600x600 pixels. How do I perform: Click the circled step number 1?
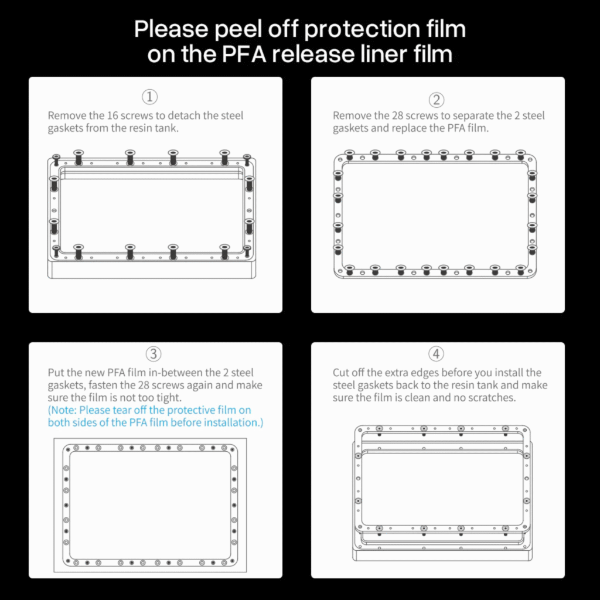tap(149, 97)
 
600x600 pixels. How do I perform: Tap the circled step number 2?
tap(436, 100)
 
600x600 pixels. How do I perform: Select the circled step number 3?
tap(154, 354)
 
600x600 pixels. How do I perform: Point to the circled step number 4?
tap(436, 354)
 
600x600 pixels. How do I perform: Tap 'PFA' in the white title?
tap(244, 54)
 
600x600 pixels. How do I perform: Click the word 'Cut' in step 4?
tap(340, 373)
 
